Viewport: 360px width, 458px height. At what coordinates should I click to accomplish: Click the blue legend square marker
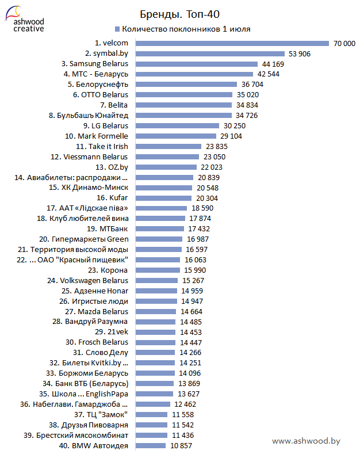(x=117, y=29)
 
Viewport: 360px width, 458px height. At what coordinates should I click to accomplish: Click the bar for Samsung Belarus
(x=196, y=64)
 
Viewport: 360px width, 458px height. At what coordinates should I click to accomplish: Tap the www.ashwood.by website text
(x=306, y=441)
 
